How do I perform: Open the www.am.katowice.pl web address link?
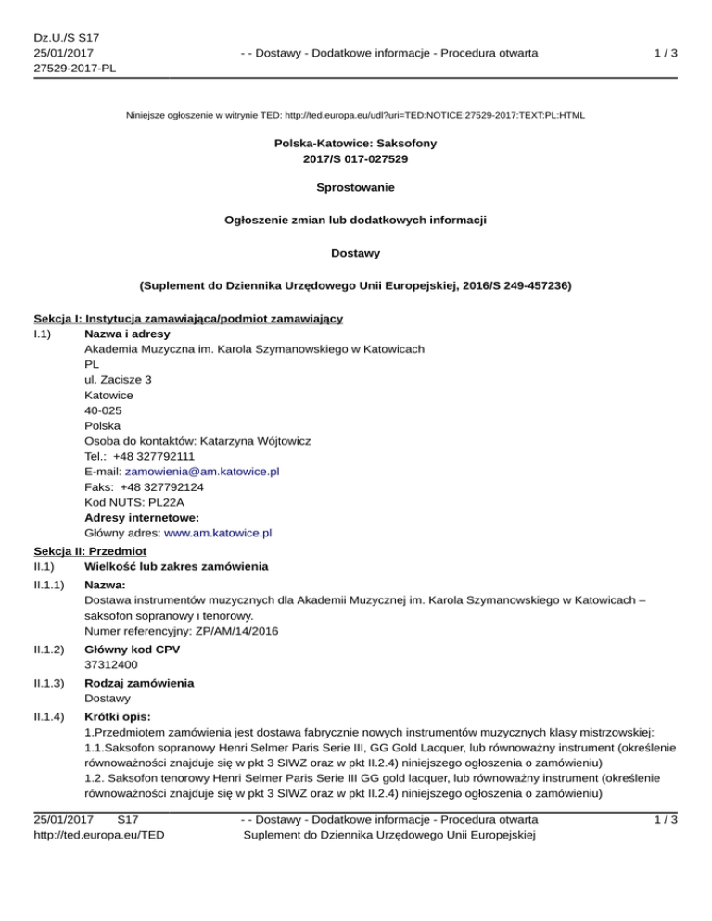tap(218, 534)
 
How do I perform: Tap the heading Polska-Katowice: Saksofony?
tap(356, 145)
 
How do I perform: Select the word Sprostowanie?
tap(356, 188)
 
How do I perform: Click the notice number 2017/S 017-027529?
tap(356, 159)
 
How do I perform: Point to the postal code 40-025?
tap(102, 410)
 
